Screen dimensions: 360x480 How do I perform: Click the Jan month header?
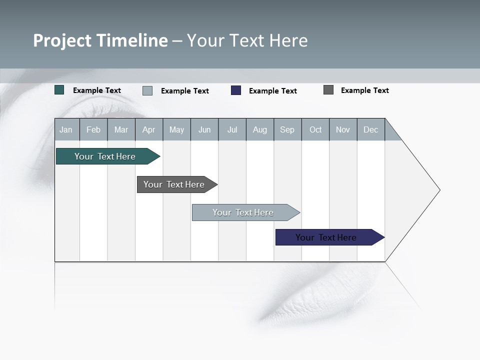coord(66,129)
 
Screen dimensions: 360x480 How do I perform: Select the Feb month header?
coord(93,129)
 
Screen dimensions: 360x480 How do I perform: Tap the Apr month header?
coord(149,129)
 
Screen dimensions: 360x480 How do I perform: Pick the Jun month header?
coord(204,129)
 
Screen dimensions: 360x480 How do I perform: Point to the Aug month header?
coord(260,129)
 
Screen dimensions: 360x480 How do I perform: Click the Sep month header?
coord(287,129)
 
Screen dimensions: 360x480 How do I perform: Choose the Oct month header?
coord(315,129)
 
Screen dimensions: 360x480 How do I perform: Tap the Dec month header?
coord(371,129)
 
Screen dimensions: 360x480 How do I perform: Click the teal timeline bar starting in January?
coord(105,156)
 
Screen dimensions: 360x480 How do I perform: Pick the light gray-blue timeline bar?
coord(243,212)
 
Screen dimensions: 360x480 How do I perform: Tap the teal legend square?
coord(59,90)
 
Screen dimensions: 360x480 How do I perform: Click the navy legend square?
coord(236,90)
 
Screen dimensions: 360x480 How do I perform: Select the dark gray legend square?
coord(328,90)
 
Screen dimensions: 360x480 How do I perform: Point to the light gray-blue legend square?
coord(147,90)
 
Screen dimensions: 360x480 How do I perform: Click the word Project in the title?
coord(61,40)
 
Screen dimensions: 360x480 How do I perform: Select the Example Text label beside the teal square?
coord(97,90)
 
